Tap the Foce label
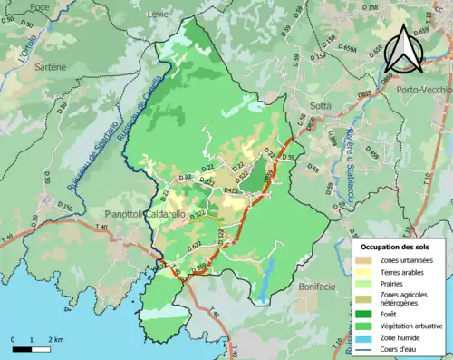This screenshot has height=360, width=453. (x=39, y=8)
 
